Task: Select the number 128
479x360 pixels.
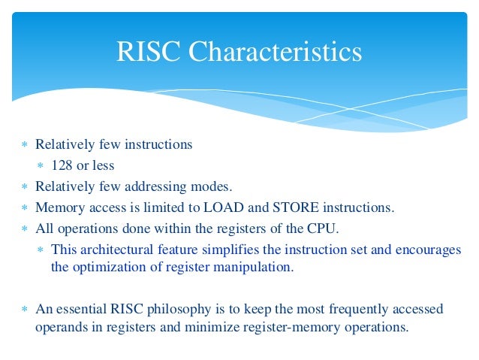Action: [61, 165]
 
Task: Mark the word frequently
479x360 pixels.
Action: [347, 309]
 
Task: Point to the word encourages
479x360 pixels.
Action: [423, 250]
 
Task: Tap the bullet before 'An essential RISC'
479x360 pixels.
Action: [25, 310]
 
